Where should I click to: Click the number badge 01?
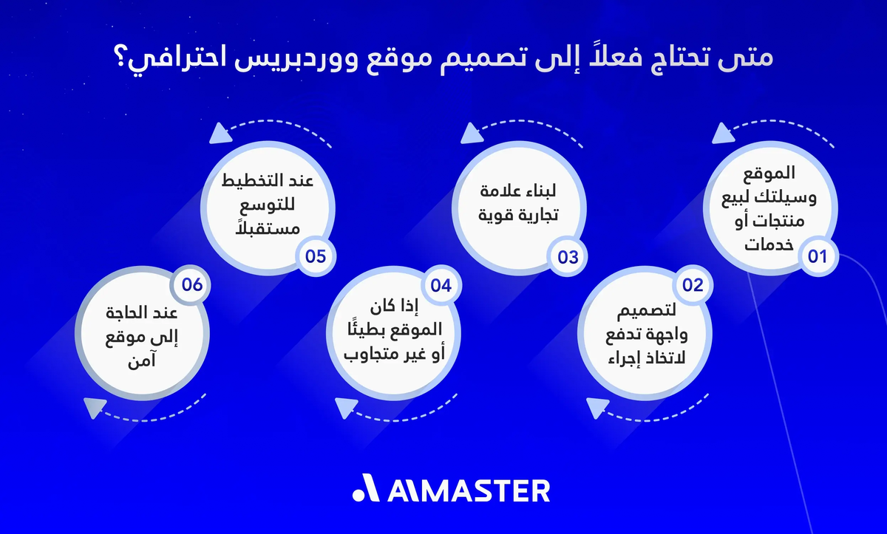pos(817,256)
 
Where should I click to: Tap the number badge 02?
pos(692,286)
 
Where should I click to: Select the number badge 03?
pos(568,256)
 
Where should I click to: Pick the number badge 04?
pos(441,286)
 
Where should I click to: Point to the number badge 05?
pos(316,256)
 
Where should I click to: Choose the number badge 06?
pos(191,286)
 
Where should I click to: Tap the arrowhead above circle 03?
pos(469,134)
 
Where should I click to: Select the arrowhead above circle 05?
pos(218,134)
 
